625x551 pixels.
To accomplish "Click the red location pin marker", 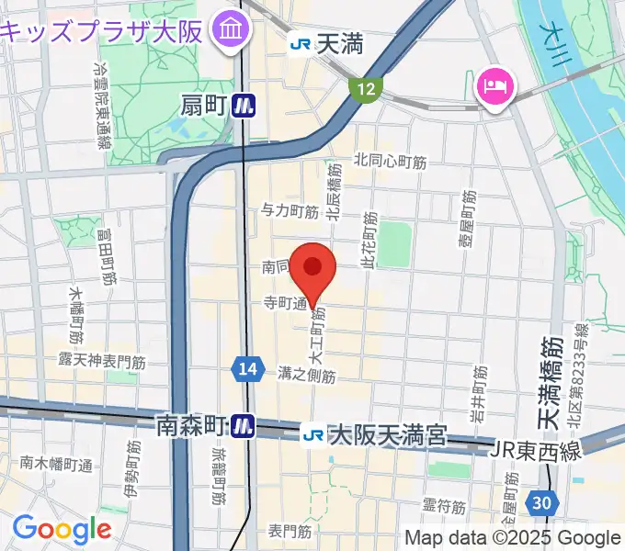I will coord(313,268).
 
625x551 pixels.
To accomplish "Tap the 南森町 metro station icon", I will coord(243,425).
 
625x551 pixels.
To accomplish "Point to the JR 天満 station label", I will coord(313,42).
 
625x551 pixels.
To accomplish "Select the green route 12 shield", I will coord(367,89).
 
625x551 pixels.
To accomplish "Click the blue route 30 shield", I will coord(543,501).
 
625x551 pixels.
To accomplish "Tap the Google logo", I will coord(61,529).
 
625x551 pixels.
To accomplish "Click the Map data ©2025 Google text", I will coord(513,537).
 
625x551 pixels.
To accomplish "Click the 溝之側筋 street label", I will coord(306,374).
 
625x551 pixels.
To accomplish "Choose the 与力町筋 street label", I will coord(290,211).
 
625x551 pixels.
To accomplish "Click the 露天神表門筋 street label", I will coord(102,361).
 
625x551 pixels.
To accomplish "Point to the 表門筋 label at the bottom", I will coord(290,531).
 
